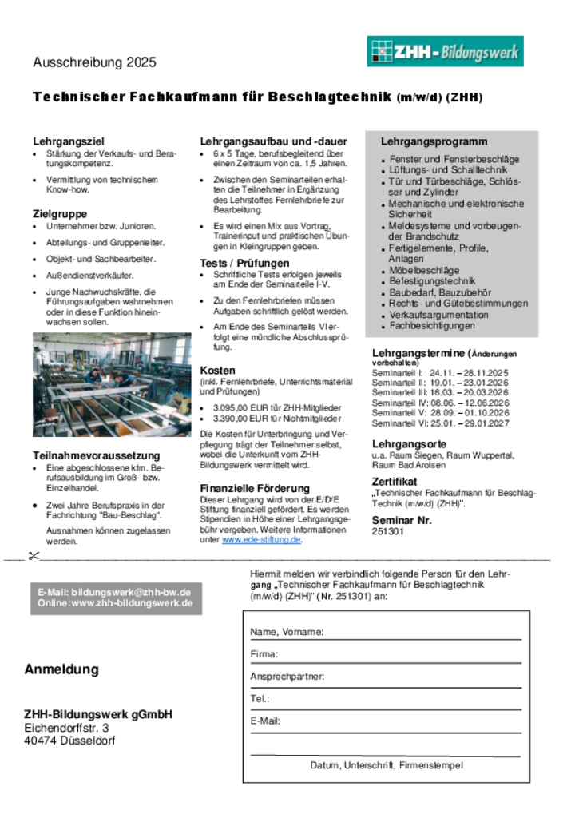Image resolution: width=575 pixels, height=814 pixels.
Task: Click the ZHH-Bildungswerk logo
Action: pos(445,52)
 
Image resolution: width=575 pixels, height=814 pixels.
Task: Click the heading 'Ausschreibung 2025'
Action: pos(94,62)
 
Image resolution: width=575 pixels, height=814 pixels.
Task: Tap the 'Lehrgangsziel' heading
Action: pos(69,141)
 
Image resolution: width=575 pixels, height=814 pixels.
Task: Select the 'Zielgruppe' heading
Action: pos(60,214)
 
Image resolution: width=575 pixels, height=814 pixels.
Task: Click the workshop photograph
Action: pos(112,386)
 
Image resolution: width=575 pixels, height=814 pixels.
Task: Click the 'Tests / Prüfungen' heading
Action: pos(244,263)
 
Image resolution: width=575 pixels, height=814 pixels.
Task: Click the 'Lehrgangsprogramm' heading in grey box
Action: pos(434,141)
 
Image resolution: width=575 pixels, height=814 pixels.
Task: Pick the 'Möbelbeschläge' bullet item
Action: pos(424,271)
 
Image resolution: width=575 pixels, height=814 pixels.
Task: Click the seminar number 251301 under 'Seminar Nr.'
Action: pos(388,530)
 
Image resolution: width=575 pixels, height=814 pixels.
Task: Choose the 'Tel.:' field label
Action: pos(260,699)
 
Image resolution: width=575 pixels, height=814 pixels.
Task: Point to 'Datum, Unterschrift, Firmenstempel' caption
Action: pos(387,765)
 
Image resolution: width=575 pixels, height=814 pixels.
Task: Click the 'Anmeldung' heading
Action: pos(61,669)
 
